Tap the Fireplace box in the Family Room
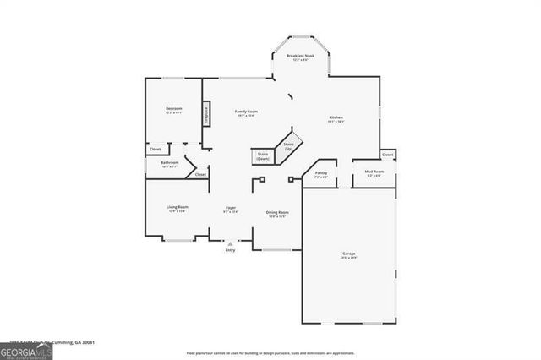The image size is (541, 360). pyautogui.click(x=205, y=114)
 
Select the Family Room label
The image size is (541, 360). pyautogui.click(x=246, y=113)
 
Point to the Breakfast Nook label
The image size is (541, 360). pyautogui.click(x=299, y=57)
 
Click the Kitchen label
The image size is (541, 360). pyautogui.click(x=336, y=119)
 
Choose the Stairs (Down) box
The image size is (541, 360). pyautogui.click(x=263, y=156)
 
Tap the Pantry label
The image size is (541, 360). pyautogui.click(x=321, y=175)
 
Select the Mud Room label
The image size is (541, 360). pyautogui.click(x=373, y=174)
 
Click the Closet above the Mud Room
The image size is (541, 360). pyautogui.click(x=387, y=155)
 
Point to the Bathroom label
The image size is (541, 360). pyautogui.click(x=170, y=164)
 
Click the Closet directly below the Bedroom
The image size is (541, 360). pyautogui.click(x=155, y=150)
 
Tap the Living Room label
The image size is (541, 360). pyautogui.click(x=177, y=209)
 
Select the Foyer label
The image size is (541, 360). pyautogui.click(x=230, y=210)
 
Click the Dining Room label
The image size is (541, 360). pyautogui.click(x=277, y=214)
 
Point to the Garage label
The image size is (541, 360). pyautogui.click(x=348, y=255)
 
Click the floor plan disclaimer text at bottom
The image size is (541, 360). pyautogui.click(x=270, y=352)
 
